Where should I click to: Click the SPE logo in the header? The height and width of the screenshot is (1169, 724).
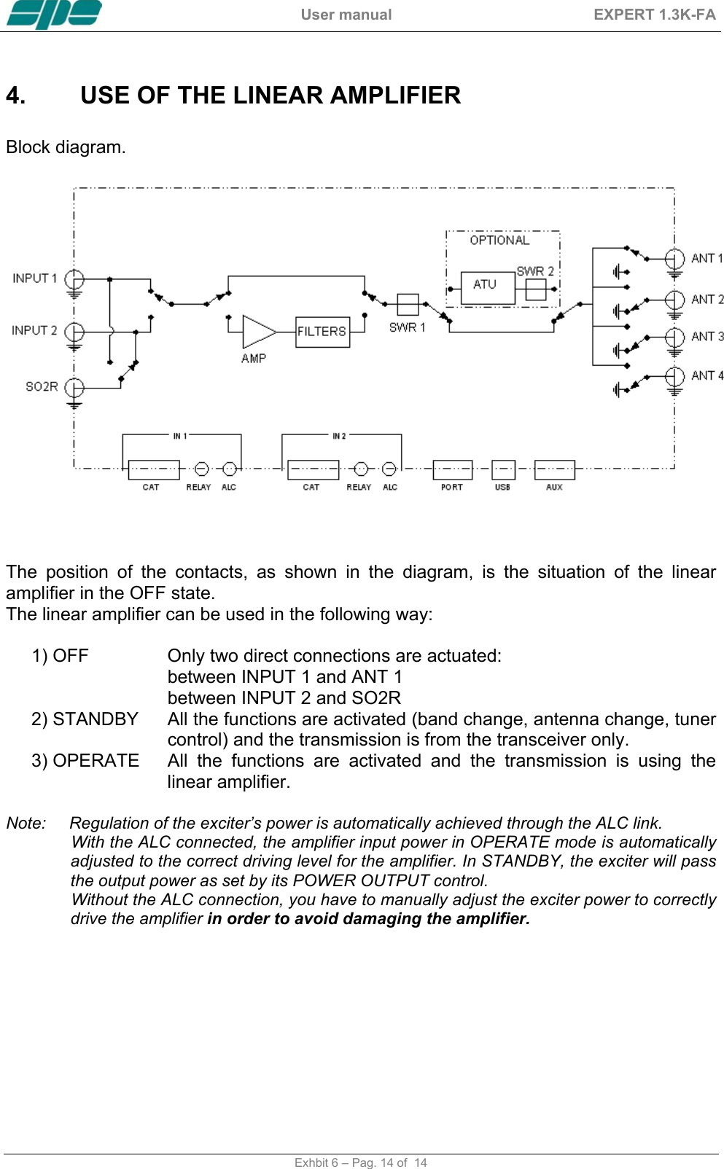click(x=54, y=14)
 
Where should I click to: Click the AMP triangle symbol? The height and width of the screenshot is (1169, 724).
click(x=257, y=332)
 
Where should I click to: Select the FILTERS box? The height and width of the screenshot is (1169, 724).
click(x=322, y=332)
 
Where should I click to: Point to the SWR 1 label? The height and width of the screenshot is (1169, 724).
click(x=407, y=327)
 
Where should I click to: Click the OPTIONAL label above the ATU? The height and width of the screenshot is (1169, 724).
click(x=499, y=241)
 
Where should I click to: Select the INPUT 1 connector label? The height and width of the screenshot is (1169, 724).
click(x=34, y=278)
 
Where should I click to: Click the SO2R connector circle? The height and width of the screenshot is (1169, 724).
click(x=74, y=387)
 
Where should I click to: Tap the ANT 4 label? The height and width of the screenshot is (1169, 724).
click(x=707, y=375)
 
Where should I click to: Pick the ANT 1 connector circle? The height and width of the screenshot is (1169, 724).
click(x=674, y=259)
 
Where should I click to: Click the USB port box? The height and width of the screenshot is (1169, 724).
click(x=503, y=469)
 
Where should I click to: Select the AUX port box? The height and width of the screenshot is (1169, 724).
click(x=554, y=469)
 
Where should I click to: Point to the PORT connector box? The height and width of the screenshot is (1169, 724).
click(x=452, y=469)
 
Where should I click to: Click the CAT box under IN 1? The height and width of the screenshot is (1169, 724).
click(x=153, y=469)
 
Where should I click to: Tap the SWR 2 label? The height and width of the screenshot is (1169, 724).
click(x=535, y=271)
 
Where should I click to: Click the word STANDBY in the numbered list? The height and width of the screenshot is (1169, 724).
click(x=96, y=719)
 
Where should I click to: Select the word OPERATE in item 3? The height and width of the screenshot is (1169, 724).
click(x=96, y=761)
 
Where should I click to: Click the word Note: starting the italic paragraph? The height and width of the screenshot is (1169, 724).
click(x=26, y=824)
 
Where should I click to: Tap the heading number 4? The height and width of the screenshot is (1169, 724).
click(x=15, y=95)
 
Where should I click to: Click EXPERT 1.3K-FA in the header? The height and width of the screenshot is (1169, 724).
click(x=654, y=15)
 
